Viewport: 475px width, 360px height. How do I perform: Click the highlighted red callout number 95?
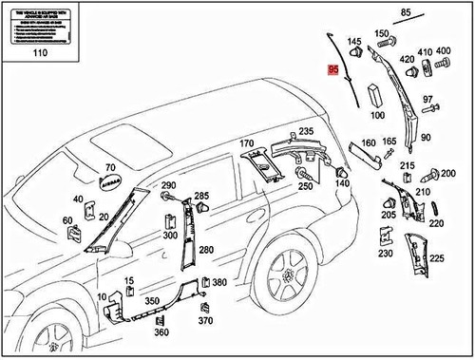coord(332,70)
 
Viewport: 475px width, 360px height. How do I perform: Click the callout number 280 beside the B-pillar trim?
coord(206,250)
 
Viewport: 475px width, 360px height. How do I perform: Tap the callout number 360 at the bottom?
coord(161,332)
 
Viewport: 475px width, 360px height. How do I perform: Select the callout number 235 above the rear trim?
coord(306,131)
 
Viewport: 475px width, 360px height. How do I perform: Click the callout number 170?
coord(247,144)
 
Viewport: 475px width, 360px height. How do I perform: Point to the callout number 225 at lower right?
coord(436,257)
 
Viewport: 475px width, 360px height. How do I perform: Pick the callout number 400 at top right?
coord(444,51)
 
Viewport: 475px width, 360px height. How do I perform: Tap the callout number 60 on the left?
coord(68,221)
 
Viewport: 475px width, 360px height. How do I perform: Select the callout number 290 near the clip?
coord(168,184)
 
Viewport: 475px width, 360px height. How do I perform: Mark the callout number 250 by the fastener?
coord(305,187)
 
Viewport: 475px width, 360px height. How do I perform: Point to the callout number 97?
coord(427,100)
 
